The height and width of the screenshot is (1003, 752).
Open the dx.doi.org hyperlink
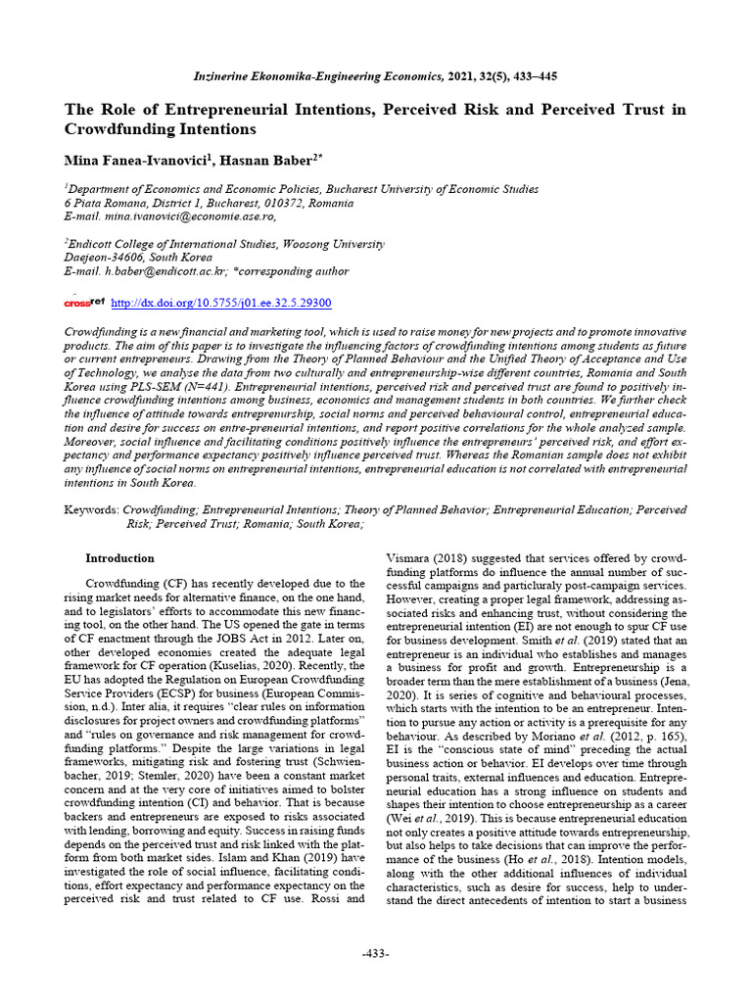click(221, 304)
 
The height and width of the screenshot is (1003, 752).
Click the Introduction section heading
click(120, 558)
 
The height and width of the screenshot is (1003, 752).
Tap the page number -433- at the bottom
click(375, 953)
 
